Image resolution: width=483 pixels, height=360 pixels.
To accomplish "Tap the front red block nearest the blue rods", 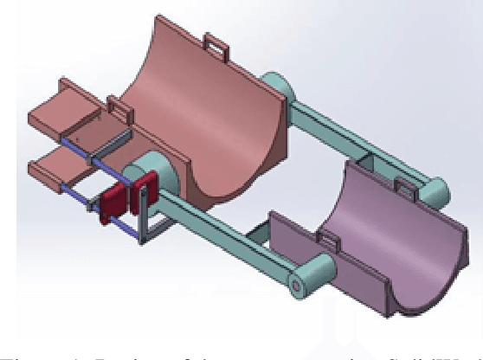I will (112, 202).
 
